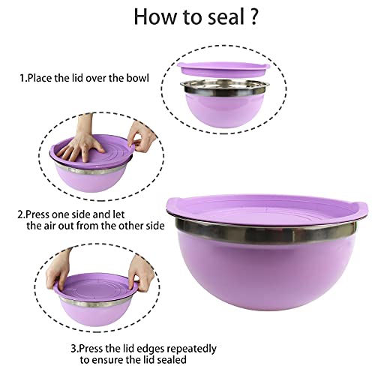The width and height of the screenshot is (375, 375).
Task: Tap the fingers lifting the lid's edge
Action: (x=137, y=135)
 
